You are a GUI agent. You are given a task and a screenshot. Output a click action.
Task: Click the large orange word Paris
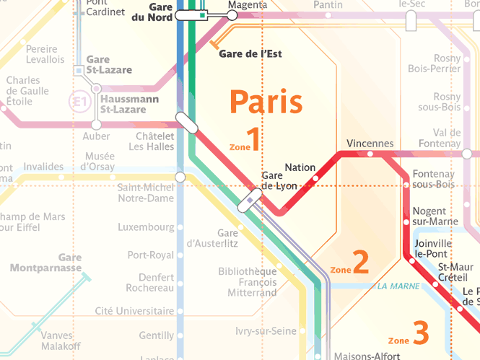click(266, 102)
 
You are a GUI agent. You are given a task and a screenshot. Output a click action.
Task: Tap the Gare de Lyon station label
click(279, 180)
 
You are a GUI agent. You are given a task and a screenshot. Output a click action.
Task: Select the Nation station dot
click(315, 177)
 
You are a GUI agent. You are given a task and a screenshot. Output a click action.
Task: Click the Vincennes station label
click(370, 143)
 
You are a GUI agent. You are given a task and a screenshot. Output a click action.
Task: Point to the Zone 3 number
click(421, 333)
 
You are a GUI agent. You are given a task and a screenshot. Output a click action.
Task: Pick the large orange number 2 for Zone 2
click(361, 263)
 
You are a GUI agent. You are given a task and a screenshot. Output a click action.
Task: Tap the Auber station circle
click(96, 124)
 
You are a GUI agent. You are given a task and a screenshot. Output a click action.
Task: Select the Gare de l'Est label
click(250, 54)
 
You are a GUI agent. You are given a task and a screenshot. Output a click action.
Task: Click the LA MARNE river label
click(398, 286)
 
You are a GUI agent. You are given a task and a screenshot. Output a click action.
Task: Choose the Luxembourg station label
click(146, 227)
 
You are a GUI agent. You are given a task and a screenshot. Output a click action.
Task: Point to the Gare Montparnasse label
click(45, 263)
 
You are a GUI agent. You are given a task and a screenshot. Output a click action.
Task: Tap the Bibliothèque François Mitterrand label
click(248, 282)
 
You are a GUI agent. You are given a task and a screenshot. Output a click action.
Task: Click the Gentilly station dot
click(180, 336)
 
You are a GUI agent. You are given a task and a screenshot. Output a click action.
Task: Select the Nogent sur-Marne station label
click(429, 216)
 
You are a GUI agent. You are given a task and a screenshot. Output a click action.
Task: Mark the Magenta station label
click(243, 4)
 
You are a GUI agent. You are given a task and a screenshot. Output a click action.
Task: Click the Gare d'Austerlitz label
click(212, 238)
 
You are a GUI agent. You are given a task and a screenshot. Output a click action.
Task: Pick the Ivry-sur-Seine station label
click(266, 331)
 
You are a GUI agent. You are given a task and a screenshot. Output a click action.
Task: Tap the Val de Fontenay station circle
click(467, 154)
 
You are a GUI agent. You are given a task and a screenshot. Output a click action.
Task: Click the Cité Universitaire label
click(135, 311)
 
